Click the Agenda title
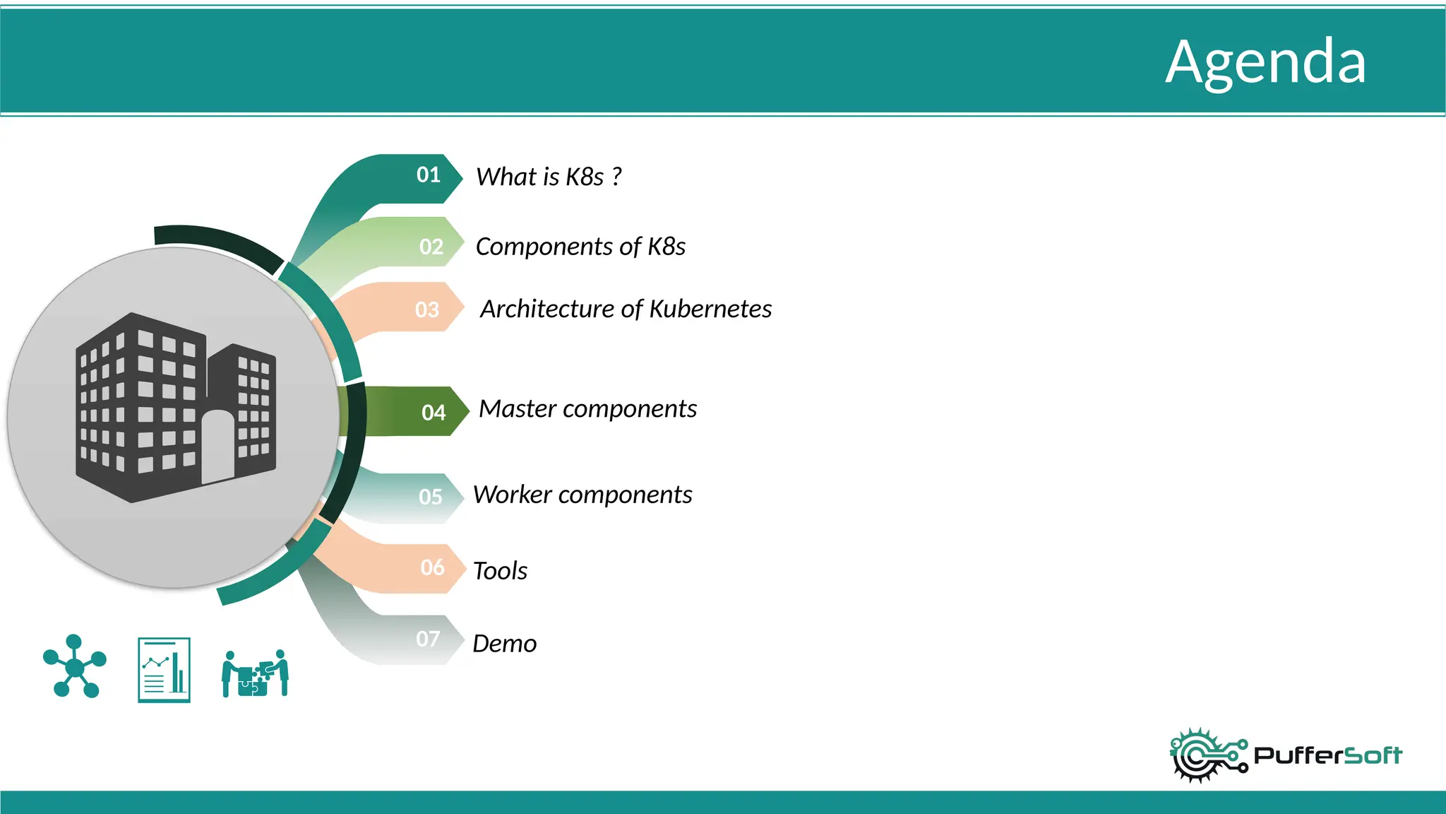coord(1265,62)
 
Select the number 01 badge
coord(429,175)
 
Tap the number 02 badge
coord(431,247)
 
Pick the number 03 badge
coord(427,309)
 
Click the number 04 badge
coord(434,413)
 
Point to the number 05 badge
coord(431,497)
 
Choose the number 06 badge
coord(432,567)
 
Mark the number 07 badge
coord(428,639)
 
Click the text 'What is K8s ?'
coord(549,177)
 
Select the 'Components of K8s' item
coord(580,247)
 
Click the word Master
coord(517,408)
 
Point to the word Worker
coord(512,495)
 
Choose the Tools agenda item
coord(500,571)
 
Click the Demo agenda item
coord(504,644)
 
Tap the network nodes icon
coord(74,666)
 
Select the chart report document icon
coord(164,670)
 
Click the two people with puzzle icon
coord(255,673)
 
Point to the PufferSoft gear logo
coord(1207,755)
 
